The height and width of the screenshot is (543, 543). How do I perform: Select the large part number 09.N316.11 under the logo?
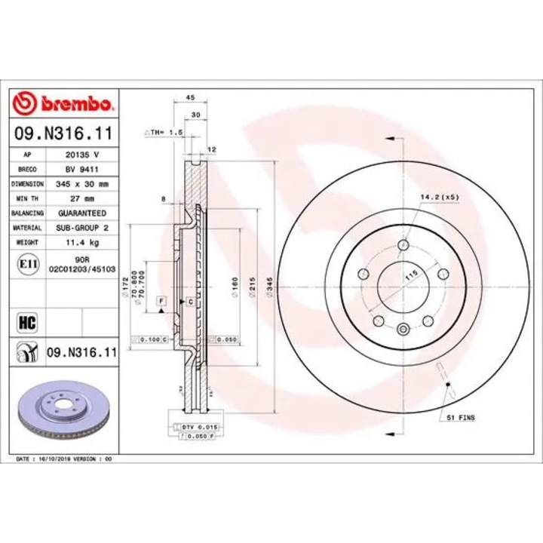[x=64, y=134]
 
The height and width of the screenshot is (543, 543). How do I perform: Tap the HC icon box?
[x=26, y=324]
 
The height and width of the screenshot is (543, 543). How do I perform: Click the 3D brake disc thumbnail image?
[x=64, y=413]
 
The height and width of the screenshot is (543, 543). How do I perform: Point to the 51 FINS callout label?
[x=461, y=417]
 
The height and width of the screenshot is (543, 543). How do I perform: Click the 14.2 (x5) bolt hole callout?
[x=440, y=197]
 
